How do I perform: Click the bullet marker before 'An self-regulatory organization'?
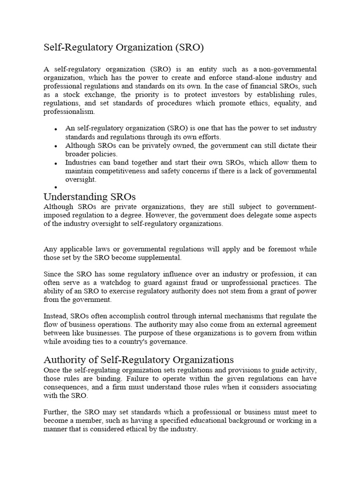56,129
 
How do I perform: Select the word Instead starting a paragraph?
55,315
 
